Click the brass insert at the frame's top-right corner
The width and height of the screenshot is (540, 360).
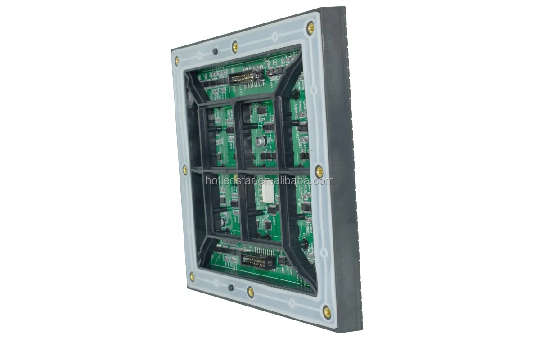(x=310, y=28)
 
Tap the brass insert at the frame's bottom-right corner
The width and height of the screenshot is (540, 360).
(x=327, y=311)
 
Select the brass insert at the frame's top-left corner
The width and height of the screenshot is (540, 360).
(x=177, y=60)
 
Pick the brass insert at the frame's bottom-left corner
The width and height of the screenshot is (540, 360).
(x=192, y=276)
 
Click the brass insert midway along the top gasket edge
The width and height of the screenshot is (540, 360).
(x=234, y=46)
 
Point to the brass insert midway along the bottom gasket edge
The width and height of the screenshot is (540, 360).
(x=251, y=292)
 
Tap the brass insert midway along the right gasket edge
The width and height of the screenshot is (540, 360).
(x=319, y=171)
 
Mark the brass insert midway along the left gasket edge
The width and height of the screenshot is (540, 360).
(x=184, y=170)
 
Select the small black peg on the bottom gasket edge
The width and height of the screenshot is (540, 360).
(x=231, y=287)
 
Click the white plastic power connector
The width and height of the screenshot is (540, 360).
(x=266, y=192)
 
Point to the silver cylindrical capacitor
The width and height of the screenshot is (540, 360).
(x=261, y=141)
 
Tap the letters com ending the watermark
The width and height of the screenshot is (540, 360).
(x=324, y=181)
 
